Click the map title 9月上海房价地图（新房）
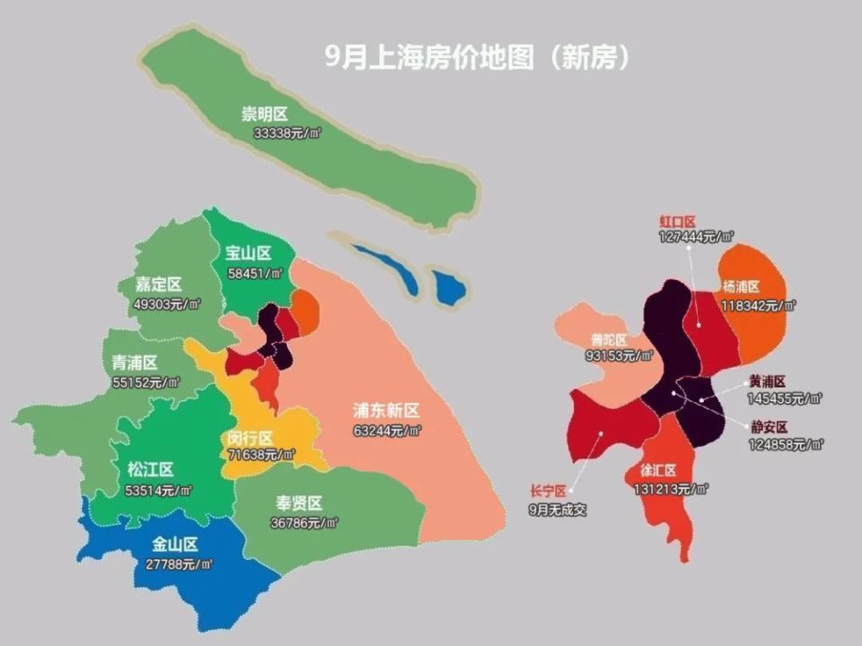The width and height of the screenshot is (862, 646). [477, 57]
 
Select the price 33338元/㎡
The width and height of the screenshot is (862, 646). [287, 132]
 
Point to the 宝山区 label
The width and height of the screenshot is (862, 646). [248, 253]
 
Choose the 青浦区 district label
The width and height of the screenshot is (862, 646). [135, 362]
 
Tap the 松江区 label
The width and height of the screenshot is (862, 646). [150, 469]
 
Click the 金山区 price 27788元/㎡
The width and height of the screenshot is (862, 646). [179, 564]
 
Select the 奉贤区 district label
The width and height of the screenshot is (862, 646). [299, 503]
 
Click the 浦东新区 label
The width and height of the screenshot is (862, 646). [386, 411]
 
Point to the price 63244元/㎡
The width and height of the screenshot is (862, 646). [387, 431]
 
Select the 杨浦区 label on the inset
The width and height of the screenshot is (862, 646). [741, 286]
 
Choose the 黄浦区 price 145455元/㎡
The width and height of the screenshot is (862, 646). [785, 398]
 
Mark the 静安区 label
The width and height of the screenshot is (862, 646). [770, 427]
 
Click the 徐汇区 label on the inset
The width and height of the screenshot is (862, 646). [657, 471]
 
